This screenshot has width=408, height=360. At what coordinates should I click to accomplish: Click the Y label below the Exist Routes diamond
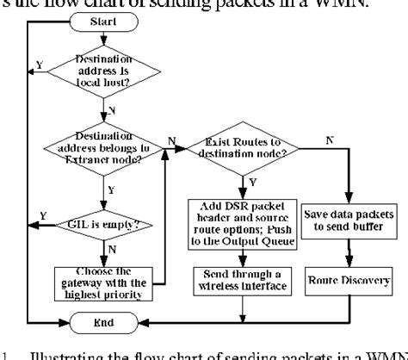point(253,182)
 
